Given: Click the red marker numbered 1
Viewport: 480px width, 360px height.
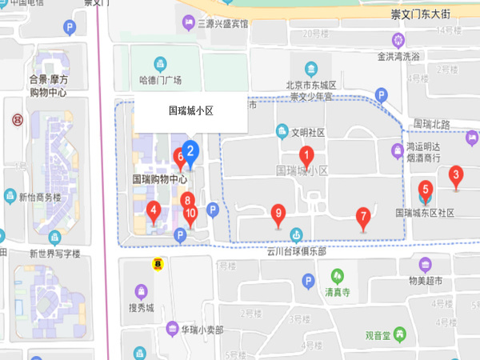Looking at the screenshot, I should click(305, 155).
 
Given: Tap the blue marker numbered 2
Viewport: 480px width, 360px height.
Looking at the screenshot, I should click(190, 149).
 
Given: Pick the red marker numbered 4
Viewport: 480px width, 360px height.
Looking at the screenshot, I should click(154, 212).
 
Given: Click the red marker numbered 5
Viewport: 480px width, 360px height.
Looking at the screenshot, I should click(426, 190).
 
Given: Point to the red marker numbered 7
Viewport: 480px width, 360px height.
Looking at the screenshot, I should click(362, 216).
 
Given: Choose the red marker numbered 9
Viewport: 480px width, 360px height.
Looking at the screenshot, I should click(278, 214).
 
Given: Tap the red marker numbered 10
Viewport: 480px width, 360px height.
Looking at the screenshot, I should click(190, 214).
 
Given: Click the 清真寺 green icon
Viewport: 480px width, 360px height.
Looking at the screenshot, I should click(337, 276).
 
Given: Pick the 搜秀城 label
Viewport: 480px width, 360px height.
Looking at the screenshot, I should click(142, 307).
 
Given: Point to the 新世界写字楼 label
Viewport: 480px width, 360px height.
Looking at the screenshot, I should click(54, 254).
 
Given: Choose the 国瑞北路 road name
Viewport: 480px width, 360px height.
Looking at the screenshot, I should click(433, 124).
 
